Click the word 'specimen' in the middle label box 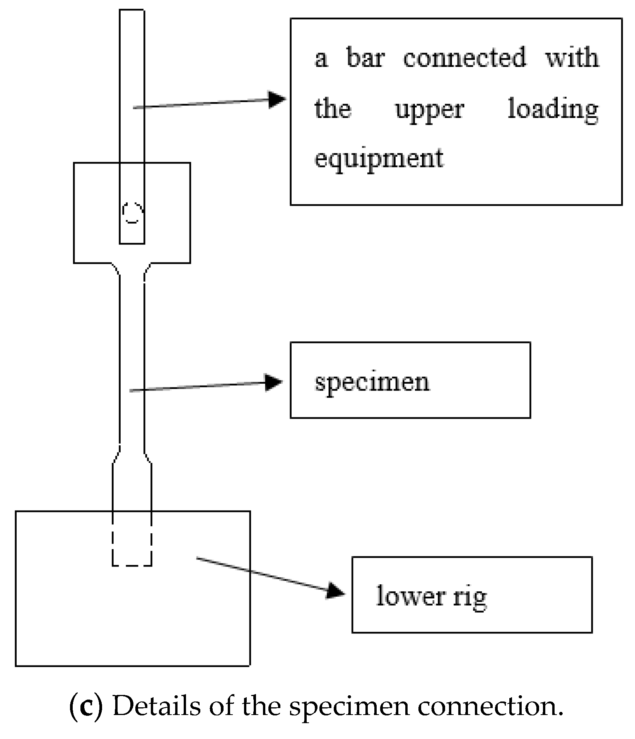point(372,382)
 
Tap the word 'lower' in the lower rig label point(410,596)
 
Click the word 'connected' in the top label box point(464,58)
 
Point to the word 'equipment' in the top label point(379,159)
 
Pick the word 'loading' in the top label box point(553,109)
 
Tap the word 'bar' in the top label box point(365,58)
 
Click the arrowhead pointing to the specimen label point(274,383)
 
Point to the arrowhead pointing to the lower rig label point(335,591)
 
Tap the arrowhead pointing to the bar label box point(277,99)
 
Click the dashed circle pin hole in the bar point(133,213)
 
